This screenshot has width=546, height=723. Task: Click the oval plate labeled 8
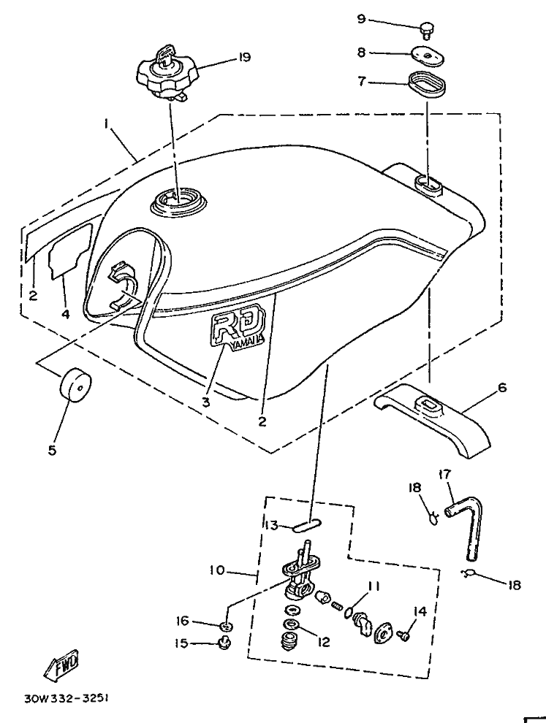(x=428, y=56)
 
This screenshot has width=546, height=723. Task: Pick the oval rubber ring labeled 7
(x=427, y=83)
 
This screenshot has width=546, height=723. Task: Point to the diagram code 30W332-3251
(x=67, y=698)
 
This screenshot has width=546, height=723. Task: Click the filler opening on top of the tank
(x=178, y=201)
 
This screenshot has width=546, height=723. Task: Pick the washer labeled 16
(x=226, y=626)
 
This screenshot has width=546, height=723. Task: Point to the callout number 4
(x=65, y=314)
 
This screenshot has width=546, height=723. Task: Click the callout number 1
(x=106, y=123)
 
